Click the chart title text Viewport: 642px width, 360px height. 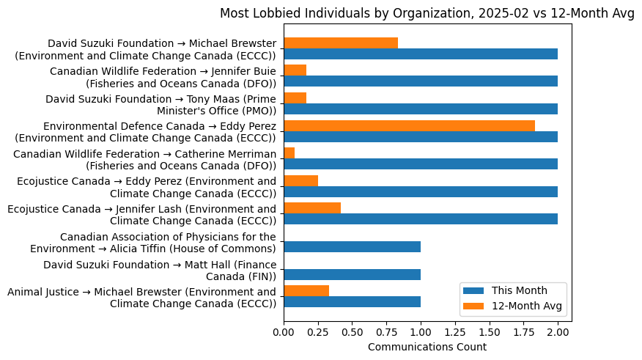pyautogui.click(x=427, y=13)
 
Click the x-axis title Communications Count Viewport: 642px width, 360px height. pyautogui.click(x=427, y=347)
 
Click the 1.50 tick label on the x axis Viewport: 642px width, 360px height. pyautogui.click(x=489, y=334)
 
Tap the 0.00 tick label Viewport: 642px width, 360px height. pyautogui.click(x=284, y=334)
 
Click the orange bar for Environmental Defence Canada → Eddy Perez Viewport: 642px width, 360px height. pyautogui.click(x=409, y=125)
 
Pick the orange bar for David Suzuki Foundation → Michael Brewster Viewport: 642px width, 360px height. pyautogui.click(x=341, y=43)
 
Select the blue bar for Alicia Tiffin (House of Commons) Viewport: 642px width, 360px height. pyautogui.click(x=352, y=246)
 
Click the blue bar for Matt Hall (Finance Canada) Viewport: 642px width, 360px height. pyautogui.click(x=352, y=274)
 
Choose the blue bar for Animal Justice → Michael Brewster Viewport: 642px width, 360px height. pyautogui.click(x=352, y=301)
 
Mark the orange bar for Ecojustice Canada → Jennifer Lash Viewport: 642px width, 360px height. pyautogui.click(x=312, y=208)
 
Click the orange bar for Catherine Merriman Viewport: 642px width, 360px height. pyautogui.click(x=289, y=153)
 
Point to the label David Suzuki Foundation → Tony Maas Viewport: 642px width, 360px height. pyautogui.click(x=160, y=105)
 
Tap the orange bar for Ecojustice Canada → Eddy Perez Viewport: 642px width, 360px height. pyautogui.click(x=300, y=180)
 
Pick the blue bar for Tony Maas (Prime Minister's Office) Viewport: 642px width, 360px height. pyautogui.click(x=421, y=109)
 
